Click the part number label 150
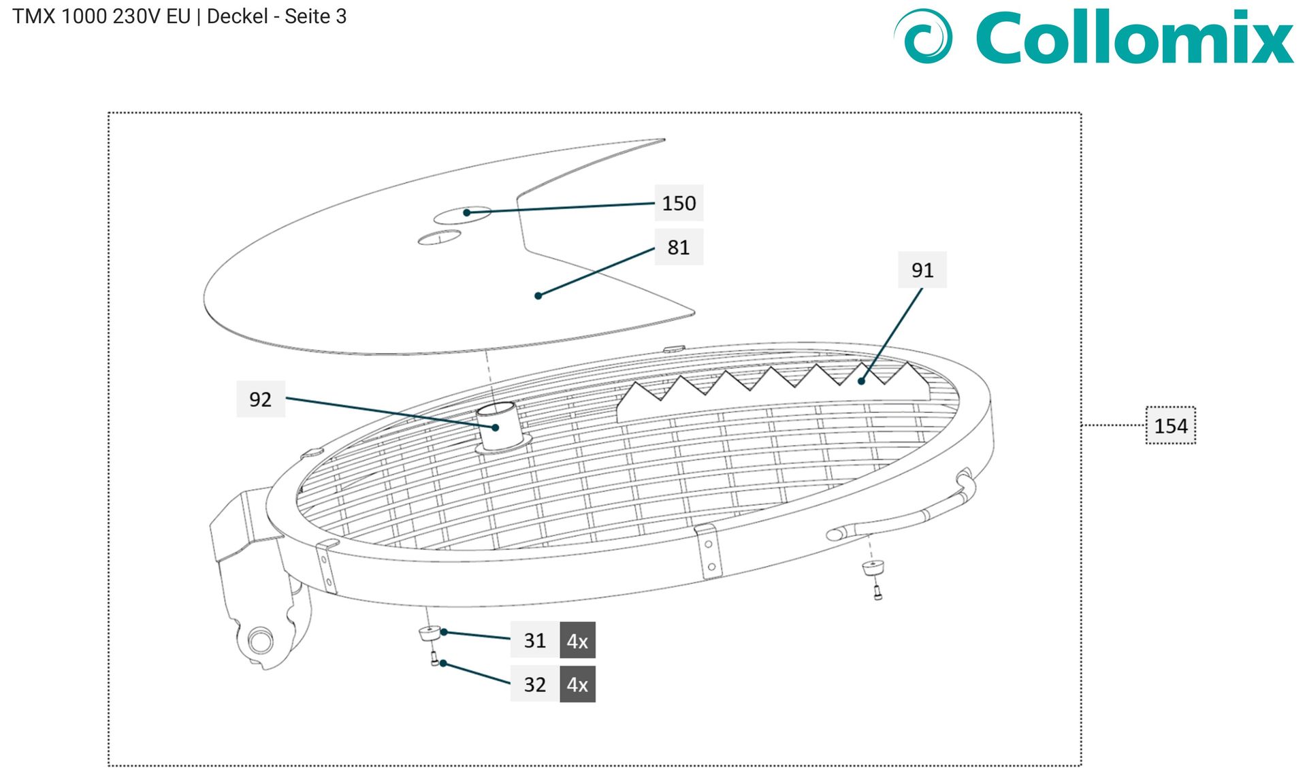(679, 203)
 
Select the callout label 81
(679, 247)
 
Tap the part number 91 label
(922, 270)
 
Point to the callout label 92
(261, 399)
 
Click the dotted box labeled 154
(1171, 426)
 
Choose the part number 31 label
(535, 640)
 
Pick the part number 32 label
(535, 685)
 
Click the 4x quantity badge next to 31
(578, 640)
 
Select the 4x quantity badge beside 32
(578, 685)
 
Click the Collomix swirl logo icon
(924, 36)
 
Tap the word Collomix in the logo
(1135, 37)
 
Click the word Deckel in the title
(238, 16)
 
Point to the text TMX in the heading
(34, 16)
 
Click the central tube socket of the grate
(501, 427)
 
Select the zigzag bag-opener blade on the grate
(773, 393)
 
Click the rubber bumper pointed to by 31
(430, 633)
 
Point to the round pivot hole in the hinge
(260, 640)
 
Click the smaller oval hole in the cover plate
(439, 237)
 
